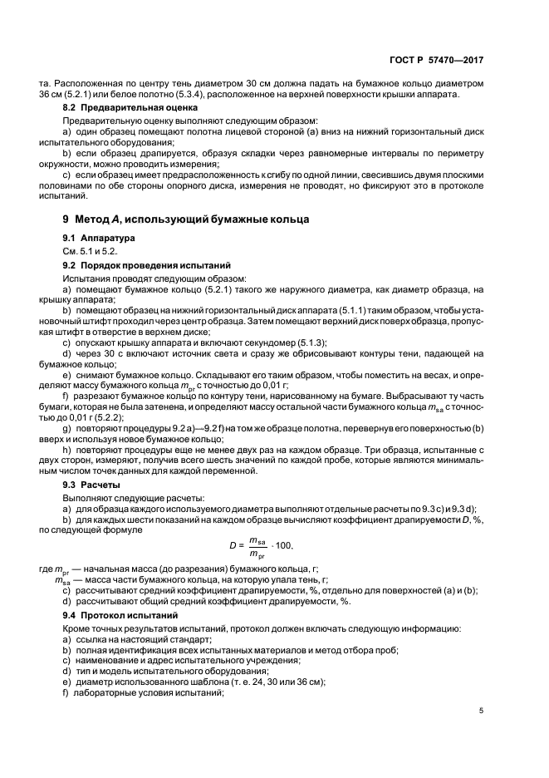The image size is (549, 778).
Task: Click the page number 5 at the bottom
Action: click(x=482, y=710)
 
